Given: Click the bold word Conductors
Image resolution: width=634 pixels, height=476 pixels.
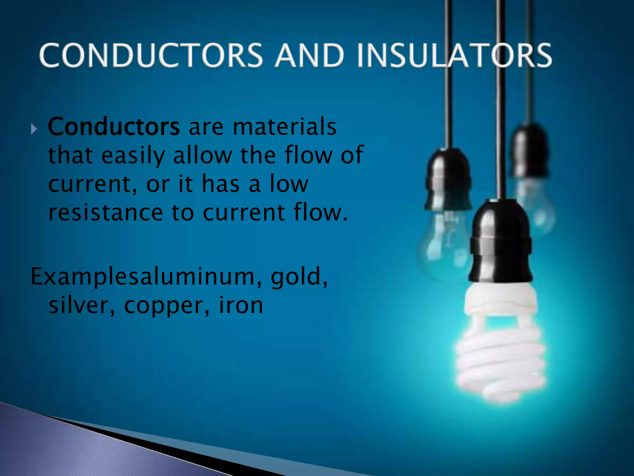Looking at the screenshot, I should (x=114, y=127).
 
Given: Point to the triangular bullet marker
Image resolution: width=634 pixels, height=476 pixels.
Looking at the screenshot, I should (x=34, y=128).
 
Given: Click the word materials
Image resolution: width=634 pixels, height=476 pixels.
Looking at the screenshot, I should (x=284, y=127).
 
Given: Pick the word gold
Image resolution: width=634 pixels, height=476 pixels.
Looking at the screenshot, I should (x=299, y=277).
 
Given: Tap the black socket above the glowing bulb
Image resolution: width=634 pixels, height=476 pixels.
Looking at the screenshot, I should (x=501, y=242).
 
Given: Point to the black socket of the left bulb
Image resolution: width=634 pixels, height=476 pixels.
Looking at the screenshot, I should (x=448, y=180).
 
